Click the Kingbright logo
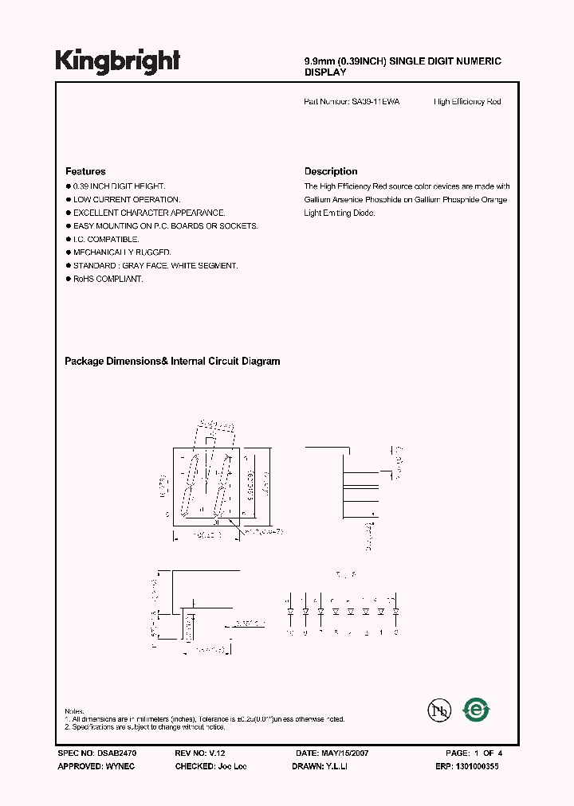coord(117,61)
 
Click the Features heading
coord(85,171)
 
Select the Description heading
coord(331,171)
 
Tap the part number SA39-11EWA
coord(375,102)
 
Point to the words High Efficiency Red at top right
coord(467,102)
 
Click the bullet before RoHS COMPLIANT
coord(68,280)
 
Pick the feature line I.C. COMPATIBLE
coord(106,239)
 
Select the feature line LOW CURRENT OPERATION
coord(127,199)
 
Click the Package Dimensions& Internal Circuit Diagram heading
coord(172,362)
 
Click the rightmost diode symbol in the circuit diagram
coord(396,612)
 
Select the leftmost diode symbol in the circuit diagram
coord(290,612)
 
